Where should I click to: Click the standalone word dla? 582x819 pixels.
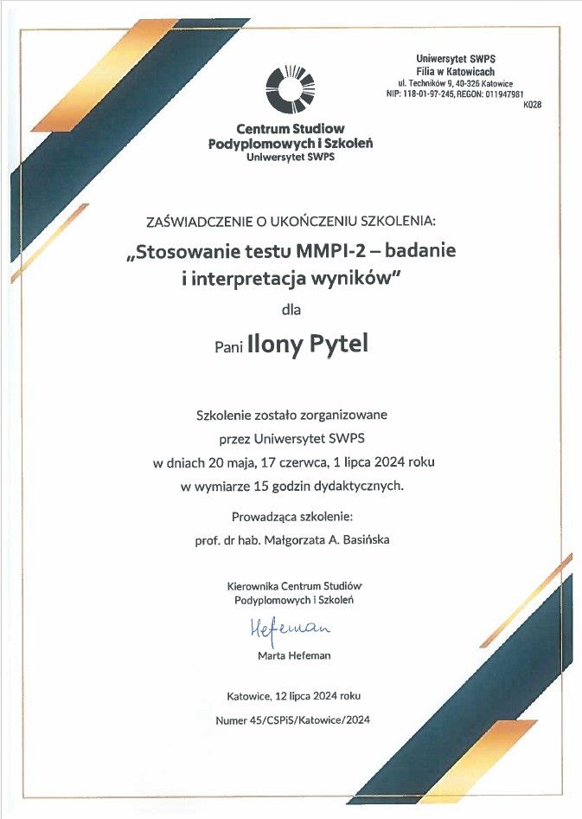(291, 308)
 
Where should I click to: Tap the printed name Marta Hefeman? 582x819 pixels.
(294, 655)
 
